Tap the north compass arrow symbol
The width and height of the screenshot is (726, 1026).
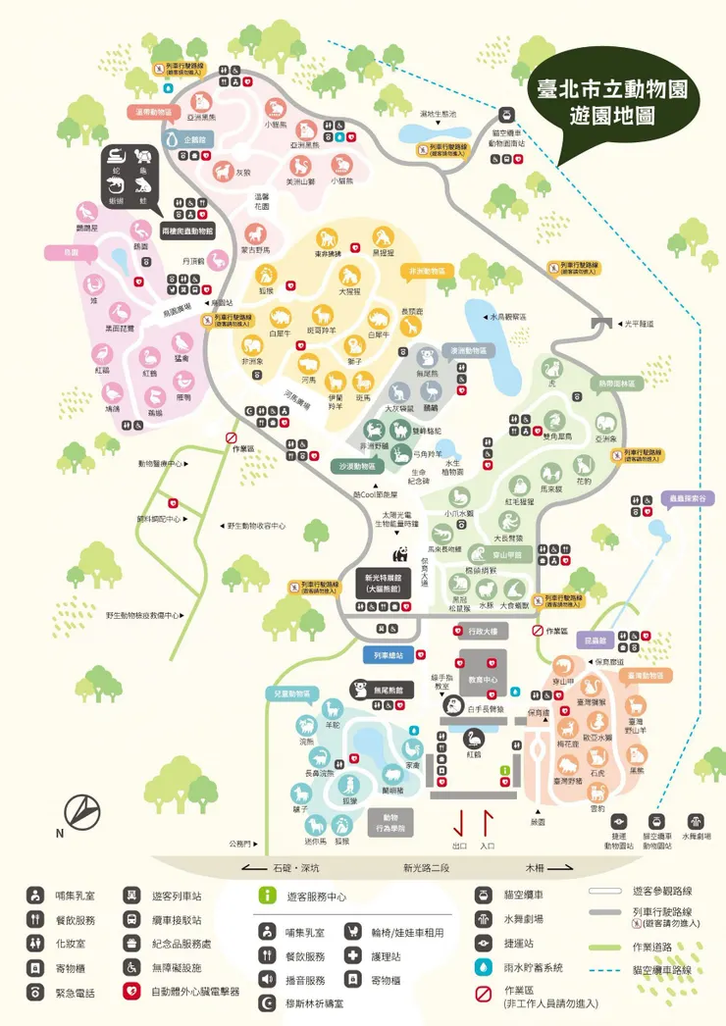coord(82,810)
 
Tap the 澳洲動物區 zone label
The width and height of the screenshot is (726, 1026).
coord(469,350)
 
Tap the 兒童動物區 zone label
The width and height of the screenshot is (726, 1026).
coord(291,693)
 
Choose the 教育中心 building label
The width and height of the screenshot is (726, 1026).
coord(482,679)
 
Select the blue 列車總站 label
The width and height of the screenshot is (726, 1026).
coord(390,655)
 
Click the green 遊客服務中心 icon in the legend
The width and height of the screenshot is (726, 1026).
coord(267,896)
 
